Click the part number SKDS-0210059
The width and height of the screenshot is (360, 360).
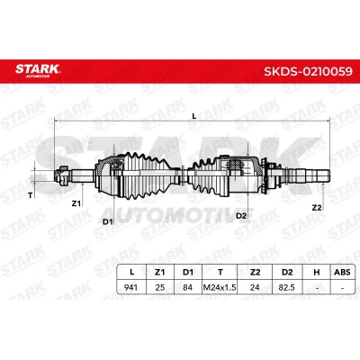point(308,71)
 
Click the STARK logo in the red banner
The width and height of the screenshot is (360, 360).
point(38,69)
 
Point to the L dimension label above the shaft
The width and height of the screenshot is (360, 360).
point(194,116)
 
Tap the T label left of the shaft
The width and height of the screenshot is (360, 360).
point(30,195)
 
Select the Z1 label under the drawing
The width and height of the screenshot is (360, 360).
point(76,203)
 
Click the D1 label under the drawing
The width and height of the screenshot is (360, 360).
point(108,221)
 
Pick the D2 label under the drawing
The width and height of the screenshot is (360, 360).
point(241,216)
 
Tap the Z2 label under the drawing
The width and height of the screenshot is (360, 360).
point(317,208)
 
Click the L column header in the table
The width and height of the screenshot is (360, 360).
point(131,272)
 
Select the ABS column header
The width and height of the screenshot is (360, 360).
point(342,272)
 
